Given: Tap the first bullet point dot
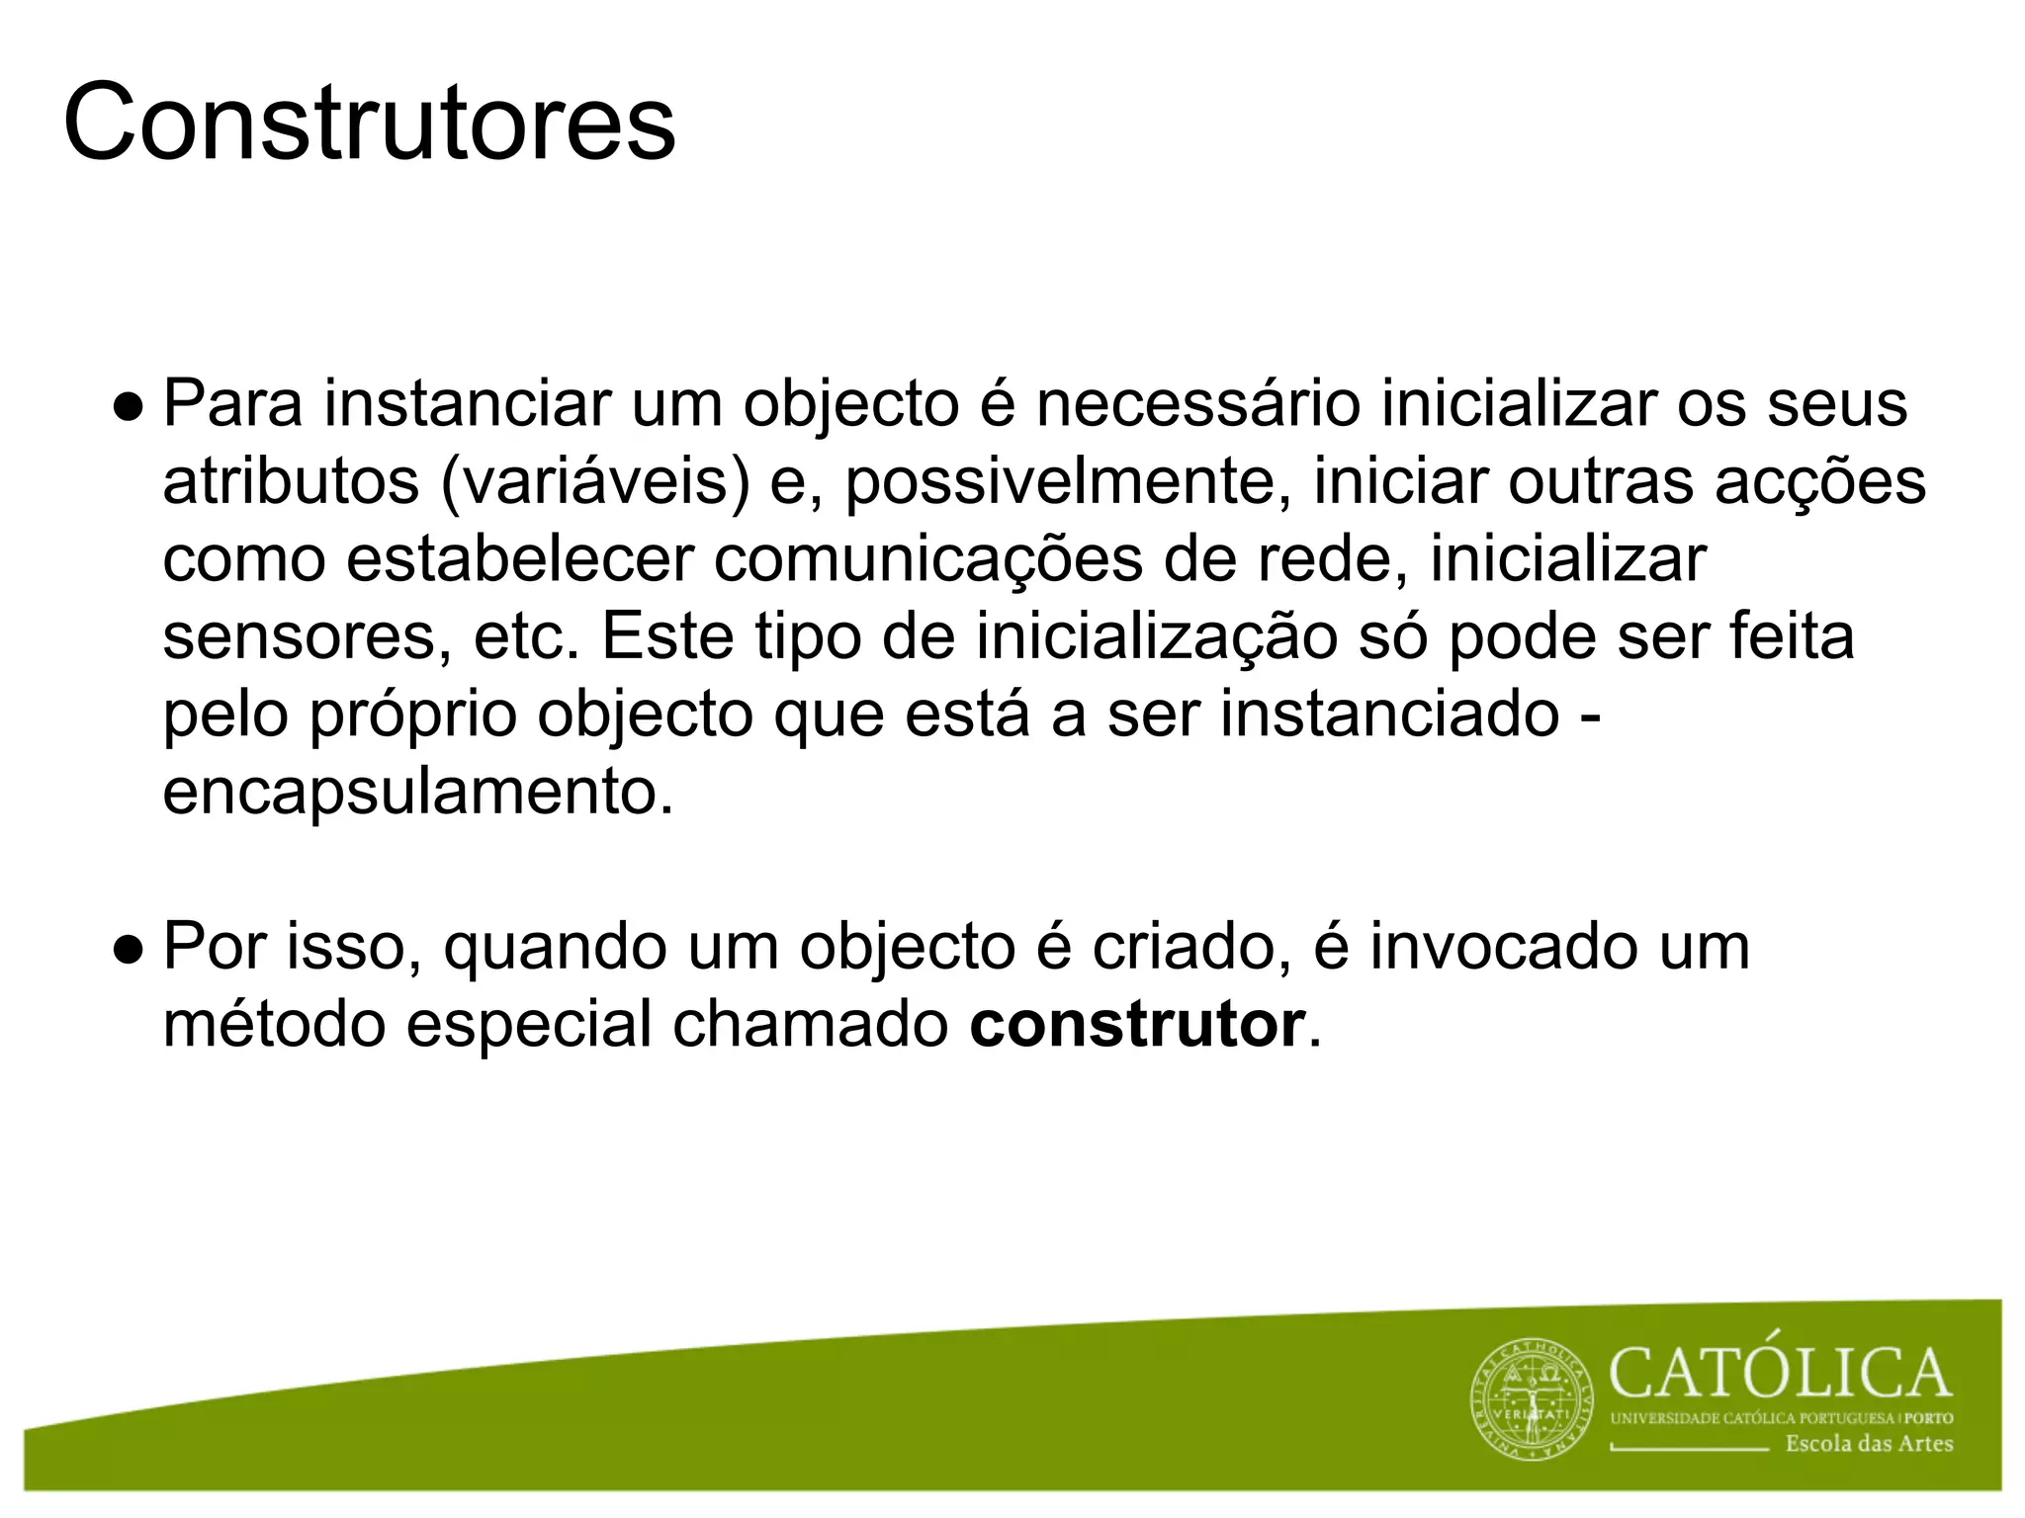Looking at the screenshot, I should (x=130, y=405).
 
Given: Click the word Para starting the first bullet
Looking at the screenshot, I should (x=232, y=403).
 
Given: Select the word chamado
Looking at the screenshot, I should (x=811, y=1025).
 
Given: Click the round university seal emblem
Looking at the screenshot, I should (x=1533, y=1403).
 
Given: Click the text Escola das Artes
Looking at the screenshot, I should (x=1869, y=1444).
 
